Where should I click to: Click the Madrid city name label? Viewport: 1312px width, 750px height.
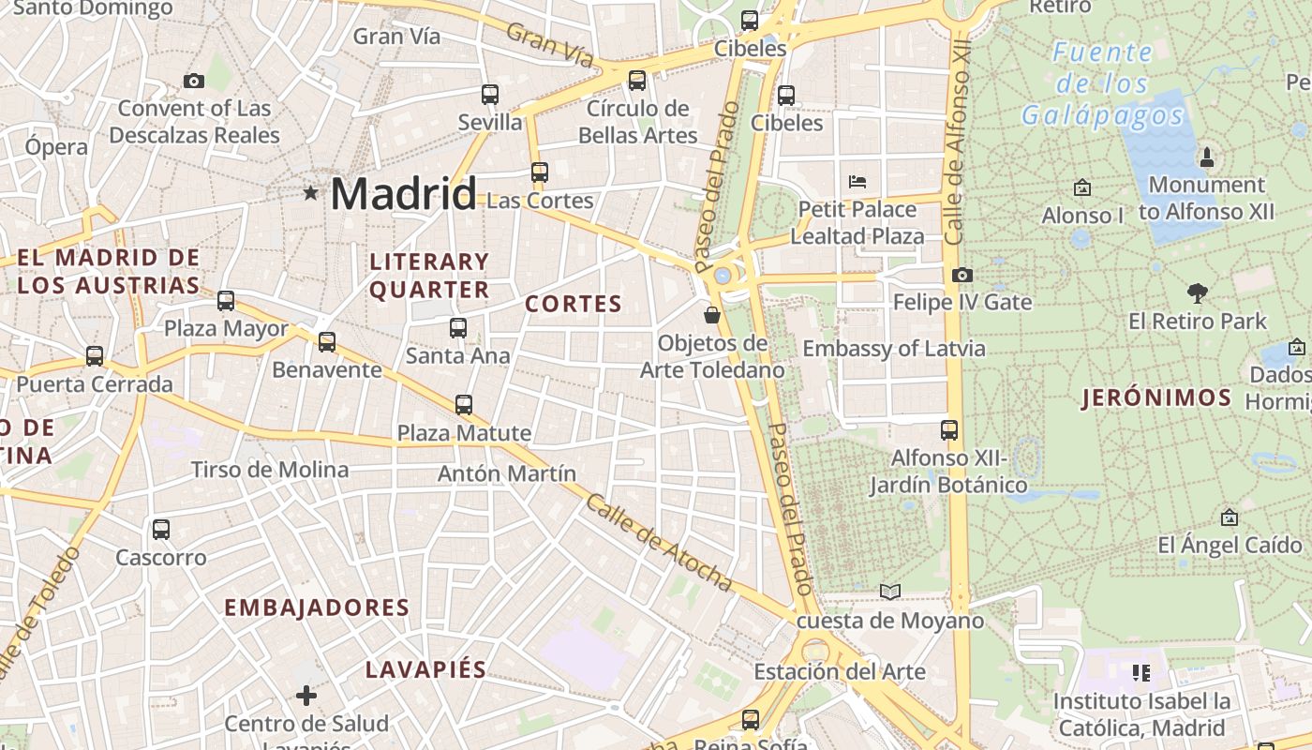click(x=403, y=194)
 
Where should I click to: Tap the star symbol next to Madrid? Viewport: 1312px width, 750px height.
click(x=310, y=193)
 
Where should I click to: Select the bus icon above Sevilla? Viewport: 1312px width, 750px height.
click(x=490, y=94)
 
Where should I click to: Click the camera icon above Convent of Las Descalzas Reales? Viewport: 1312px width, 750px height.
click(x=194, y=82)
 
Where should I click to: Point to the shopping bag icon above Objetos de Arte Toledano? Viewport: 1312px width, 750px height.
click(x=712, y=315)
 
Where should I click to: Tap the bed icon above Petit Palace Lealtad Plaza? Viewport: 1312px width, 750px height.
click(x=857, y=181)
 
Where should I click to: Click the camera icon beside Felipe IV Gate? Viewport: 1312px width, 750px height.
click(x=962, y=275)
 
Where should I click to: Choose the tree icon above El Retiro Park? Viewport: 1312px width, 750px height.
click(x=1197, y=292)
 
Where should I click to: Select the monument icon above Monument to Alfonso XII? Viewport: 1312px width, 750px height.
click(x=1207, y=156)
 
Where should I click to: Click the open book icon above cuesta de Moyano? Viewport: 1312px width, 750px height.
click(x=889, y=592)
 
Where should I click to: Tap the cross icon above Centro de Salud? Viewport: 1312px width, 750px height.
click(x=306, y=696)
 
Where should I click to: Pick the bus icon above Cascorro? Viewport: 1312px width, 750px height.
click(x=161, y=530)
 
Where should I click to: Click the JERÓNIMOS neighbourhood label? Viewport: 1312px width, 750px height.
click(x=1156, y=397)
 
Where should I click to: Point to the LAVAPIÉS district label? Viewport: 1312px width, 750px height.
click(x=425, y=669)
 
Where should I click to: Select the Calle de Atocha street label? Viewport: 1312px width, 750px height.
click(x=658, y=543)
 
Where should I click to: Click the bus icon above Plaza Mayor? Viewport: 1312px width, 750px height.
click(x=226, y=301)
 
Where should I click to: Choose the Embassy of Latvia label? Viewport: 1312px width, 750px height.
click(x=894, y=349)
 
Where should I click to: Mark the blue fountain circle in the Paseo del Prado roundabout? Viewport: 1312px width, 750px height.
click(x=723, y=276)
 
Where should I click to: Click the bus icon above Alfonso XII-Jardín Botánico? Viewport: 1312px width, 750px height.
click(x=949, y=430)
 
